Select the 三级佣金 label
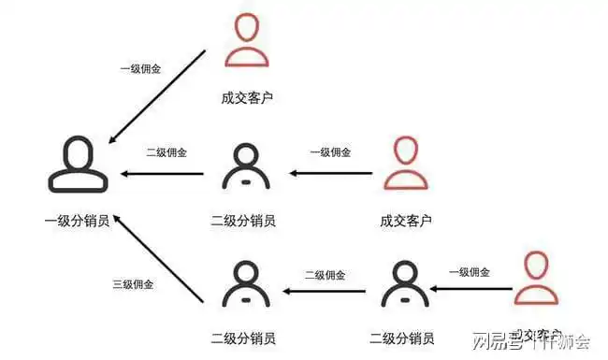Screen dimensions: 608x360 pos(134,283)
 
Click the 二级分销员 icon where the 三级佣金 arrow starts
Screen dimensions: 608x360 pos(245,285)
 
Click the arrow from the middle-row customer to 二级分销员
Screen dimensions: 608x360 pos(333,173)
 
